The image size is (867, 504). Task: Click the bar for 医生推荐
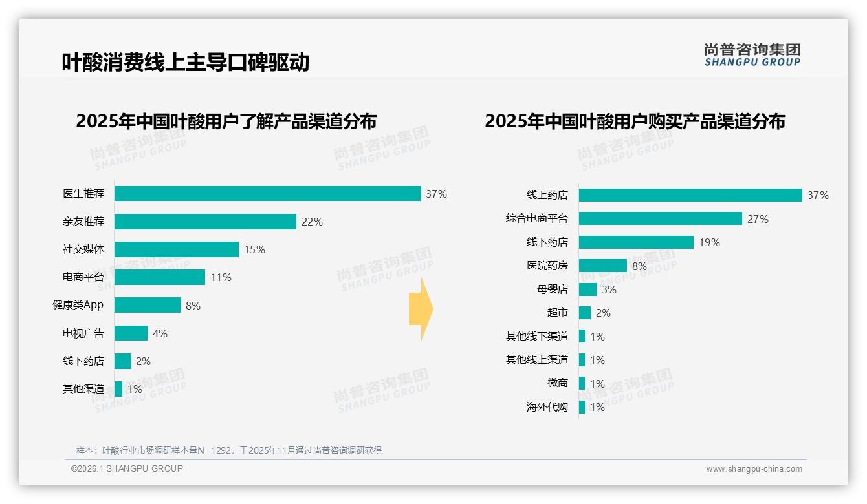click(x=267, y=193)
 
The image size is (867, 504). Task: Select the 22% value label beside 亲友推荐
click(x=312, y=222)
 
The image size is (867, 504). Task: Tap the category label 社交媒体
click(x=83, y=249)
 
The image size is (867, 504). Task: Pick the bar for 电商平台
click(x=160, y=277)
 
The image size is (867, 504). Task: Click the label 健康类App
click(x=78, y=305)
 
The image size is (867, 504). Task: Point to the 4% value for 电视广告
click(x=160, y=333)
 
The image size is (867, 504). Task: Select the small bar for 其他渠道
click(x=118, y=389)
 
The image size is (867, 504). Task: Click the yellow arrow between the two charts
click(x=421, y=310)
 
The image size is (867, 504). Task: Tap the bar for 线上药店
click(x=690, y=195)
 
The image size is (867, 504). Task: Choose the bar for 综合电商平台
click(x=660, y=218)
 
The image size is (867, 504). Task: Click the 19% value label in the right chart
click(x=709, y=242)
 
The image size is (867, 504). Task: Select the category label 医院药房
click(x=547, y=266)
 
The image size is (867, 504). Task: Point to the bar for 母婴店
click(x=587, y=289)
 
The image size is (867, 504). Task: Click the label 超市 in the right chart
click(x=557, y=313)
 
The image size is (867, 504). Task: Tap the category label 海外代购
click(x=547, y=407)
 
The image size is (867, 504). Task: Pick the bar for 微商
click(x=582, y=383)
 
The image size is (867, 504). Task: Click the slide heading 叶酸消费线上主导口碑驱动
click(x=185, y=62)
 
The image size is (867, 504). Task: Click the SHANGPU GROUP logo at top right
click(x=752, y=54)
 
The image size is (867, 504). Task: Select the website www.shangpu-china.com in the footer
click(x=754, y=469)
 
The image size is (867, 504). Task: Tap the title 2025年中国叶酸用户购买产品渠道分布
click(x=635, y=121)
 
